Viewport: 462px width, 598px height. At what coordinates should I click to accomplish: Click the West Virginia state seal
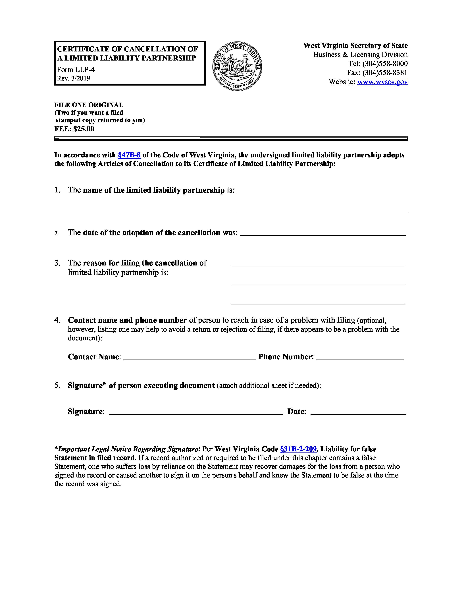tap(237, 66)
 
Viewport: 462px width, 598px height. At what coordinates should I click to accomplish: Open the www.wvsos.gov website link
tap(382, 82)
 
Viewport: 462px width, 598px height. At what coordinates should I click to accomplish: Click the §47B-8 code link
tap(129, 155)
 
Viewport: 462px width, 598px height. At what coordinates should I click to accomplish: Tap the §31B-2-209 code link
tap(298, 449)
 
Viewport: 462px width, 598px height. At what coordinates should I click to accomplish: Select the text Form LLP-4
tap(76, 70)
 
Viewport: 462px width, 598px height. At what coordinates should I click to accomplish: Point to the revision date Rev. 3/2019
tap(73, 79)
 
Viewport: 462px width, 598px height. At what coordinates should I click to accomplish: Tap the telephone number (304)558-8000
tap(385, 64)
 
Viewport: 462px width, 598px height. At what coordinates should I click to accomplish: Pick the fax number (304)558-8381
tap(385, 73)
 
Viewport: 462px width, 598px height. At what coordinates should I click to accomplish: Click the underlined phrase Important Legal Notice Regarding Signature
tap(128, 449)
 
